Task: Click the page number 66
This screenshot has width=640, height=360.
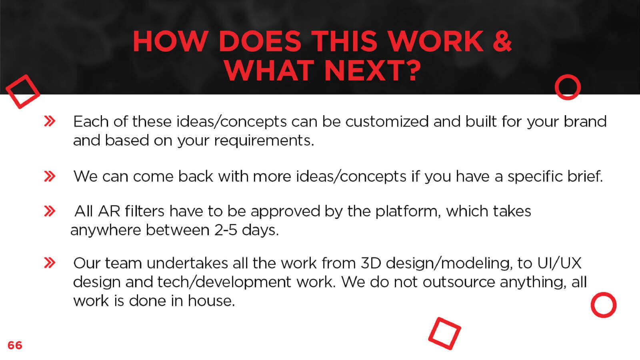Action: click(x=15, y=345)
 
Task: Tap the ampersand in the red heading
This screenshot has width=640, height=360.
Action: click(x=502, y=41)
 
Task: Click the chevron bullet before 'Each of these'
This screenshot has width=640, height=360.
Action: click(x=50, y=121)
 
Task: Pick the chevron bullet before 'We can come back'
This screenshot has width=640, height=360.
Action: click(x=50, y=176)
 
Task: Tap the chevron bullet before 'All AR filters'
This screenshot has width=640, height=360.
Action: click(x=50, y=211)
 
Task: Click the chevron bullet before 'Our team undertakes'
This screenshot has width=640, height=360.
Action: click(x=50, y=262)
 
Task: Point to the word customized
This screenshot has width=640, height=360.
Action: click(x=387, y=122)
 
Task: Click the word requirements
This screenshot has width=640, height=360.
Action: click(x=264, y=141)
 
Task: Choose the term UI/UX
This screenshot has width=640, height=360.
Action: click(x=559, y=263)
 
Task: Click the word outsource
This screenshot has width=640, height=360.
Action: click(x=458, y=282)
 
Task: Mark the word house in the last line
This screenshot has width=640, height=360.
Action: click(x=211, y=300)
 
